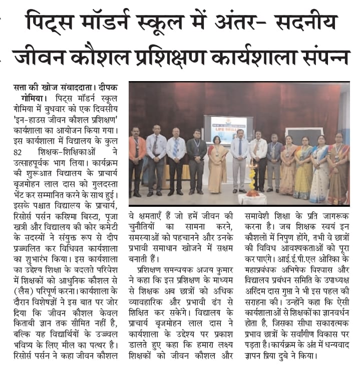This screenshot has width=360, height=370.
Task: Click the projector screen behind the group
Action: (228, 129)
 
